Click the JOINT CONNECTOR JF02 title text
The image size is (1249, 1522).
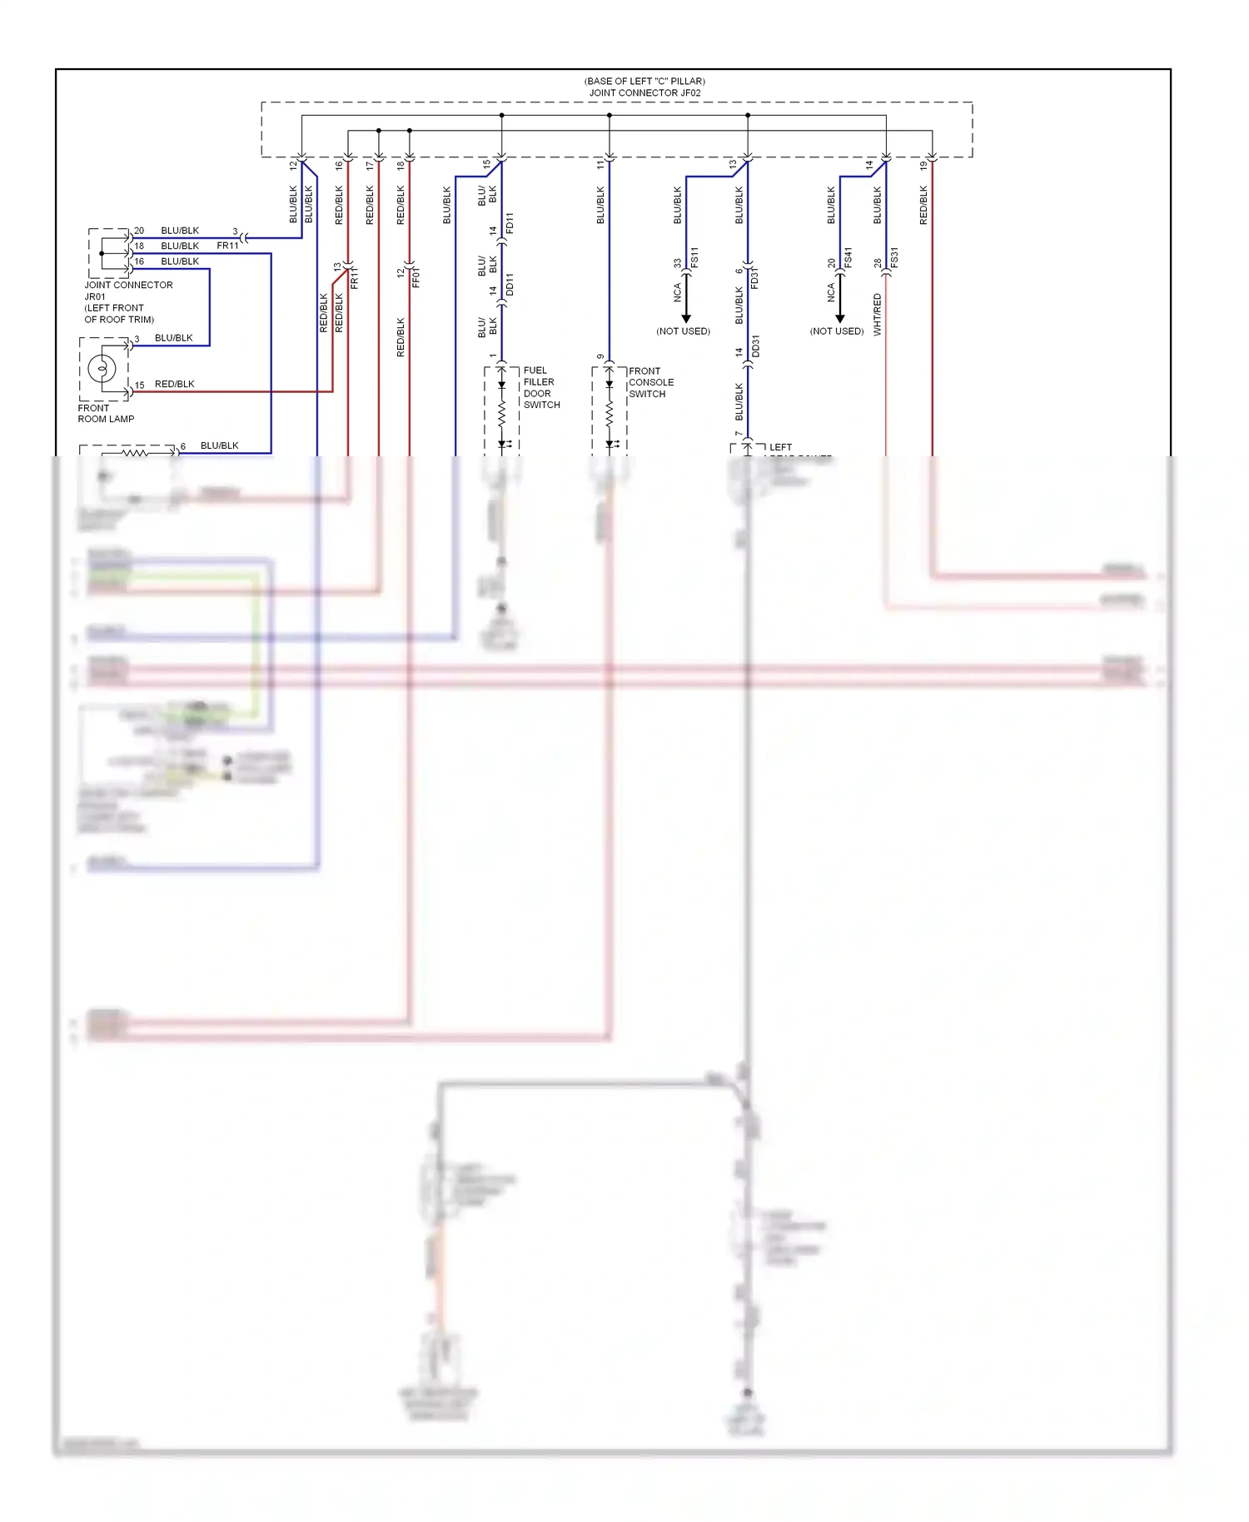coord(644,92)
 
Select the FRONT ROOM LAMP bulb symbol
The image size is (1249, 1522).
coord(102,367)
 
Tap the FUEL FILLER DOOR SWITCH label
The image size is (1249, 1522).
coord(540,387)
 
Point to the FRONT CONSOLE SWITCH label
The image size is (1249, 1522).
coord(650,382)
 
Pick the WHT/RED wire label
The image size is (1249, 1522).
coord(877,315)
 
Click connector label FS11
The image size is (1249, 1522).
coord(694,257)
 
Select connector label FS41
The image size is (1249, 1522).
coord(848,257)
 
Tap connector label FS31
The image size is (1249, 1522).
coord(893,257)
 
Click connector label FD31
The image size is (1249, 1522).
coord(754,278)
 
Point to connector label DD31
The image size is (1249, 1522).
coord(755,346)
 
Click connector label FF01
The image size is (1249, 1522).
coord(416,278)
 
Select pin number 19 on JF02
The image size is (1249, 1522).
coord(923,166)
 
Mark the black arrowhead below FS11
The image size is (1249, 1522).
coord(686,318)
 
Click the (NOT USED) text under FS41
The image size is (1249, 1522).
coord(836,331)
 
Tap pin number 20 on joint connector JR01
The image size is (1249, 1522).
coord(139,231)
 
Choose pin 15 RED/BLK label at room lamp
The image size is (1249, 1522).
coord(174,384)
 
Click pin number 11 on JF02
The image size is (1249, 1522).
coord(600,166)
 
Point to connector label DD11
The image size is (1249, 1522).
coord(510,285)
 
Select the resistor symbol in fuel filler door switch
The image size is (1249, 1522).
coord(502,414)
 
